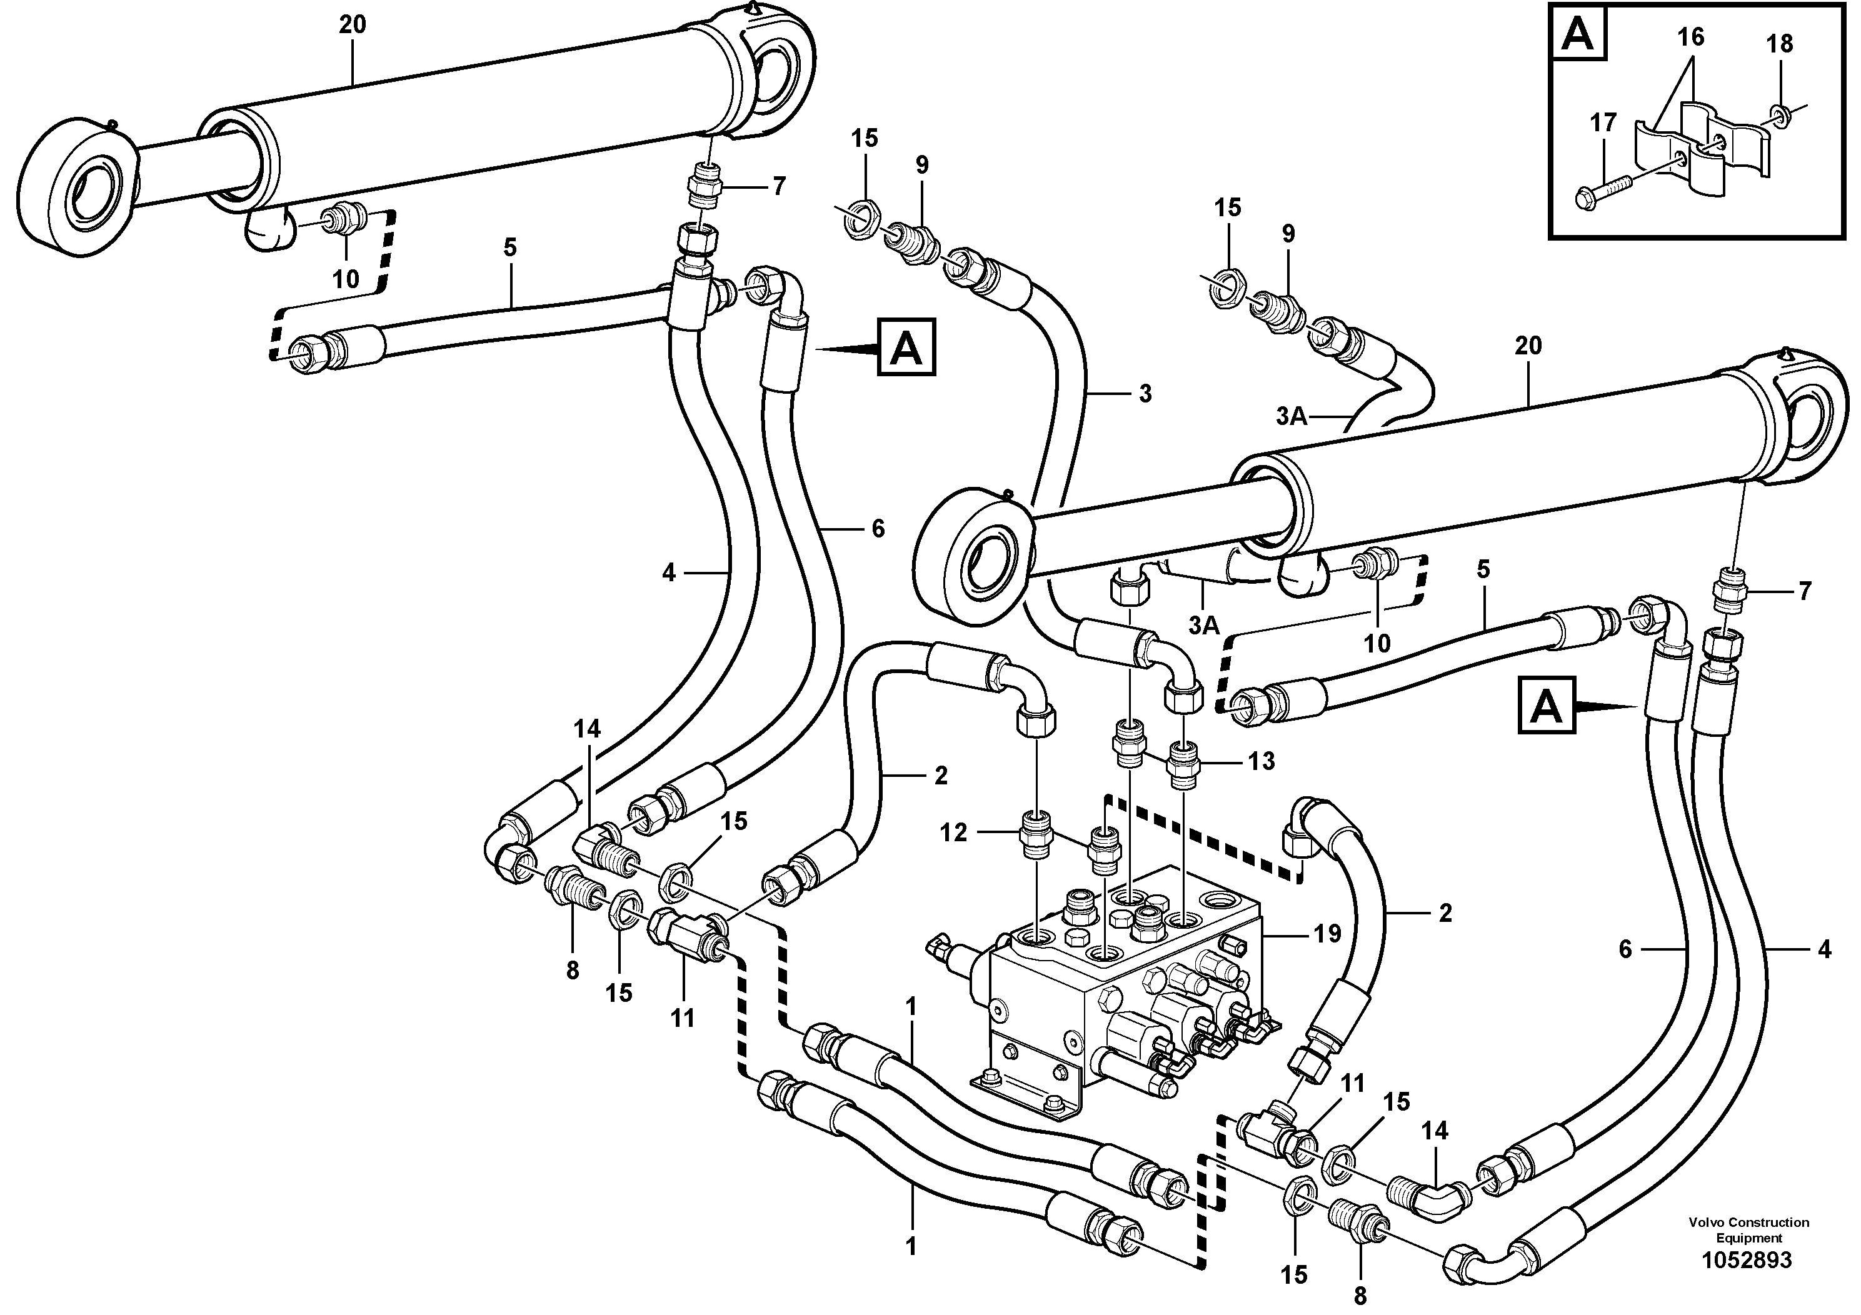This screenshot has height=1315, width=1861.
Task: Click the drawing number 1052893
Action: coord(1747,1261)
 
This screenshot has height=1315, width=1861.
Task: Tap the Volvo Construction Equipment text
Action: coord(1748,1230)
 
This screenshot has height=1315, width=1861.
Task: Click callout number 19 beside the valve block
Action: coord(1327,934)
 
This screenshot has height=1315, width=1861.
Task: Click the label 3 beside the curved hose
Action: coord(1145,394)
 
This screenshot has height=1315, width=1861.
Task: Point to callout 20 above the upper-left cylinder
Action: coord(353,25)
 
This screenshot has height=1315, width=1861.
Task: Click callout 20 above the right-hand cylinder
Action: coord(1528,346)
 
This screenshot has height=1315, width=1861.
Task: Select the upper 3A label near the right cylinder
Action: coord(1291,416)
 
